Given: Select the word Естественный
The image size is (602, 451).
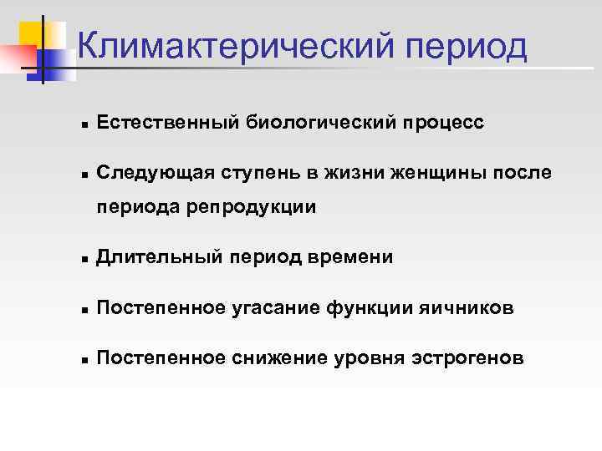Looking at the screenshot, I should [x=167, y=123].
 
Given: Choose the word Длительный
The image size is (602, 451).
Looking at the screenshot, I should [x=157, y=258].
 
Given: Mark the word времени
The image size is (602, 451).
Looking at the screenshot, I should [x=350, y=258].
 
